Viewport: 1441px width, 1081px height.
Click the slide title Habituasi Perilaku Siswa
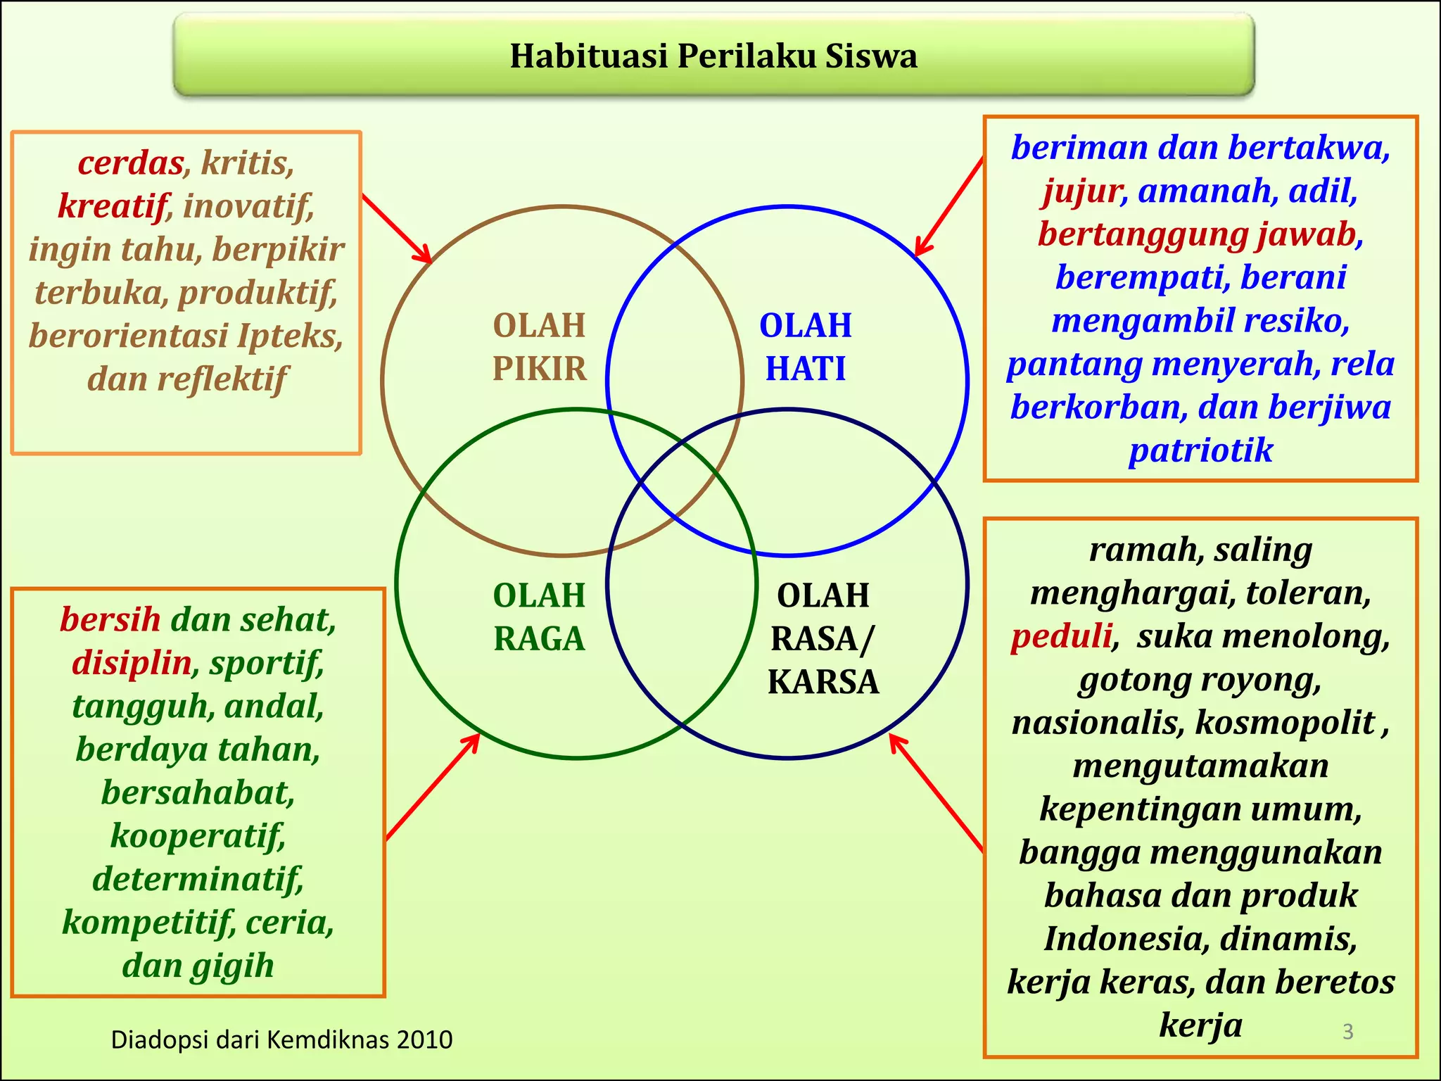tap(713, 56)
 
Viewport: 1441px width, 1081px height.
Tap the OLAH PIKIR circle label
tap(539, 347)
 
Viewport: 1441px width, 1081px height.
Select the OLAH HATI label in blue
tap(806, 347)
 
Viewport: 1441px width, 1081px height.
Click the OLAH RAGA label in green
tap(539, 617)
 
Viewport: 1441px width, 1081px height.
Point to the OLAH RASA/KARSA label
tap(823, 638)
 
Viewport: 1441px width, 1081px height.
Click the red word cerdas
tap(131, 163)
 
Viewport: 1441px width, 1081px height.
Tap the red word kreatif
tap(113, 206)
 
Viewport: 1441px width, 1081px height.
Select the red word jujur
tap(1084, 191)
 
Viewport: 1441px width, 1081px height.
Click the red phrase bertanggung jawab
tap(1197, 234)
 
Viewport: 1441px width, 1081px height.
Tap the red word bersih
tap(110, 619)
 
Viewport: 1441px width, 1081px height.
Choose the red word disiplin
tap(132, 663)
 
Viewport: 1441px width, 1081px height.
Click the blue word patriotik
tap(1200, 450)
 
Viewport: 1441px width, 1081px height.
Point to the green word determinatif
tap(198, 879)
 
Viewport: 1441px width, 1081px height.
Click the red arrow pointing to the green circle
tap(433, 787)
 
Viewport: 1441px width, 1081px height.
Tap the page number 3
tap(1347, 1031)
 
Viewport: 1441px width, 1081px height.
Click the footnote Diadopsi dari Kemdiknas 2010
tap(281, 1039)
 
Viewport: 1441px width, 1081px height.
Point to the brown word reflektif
tap(222, 379)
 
